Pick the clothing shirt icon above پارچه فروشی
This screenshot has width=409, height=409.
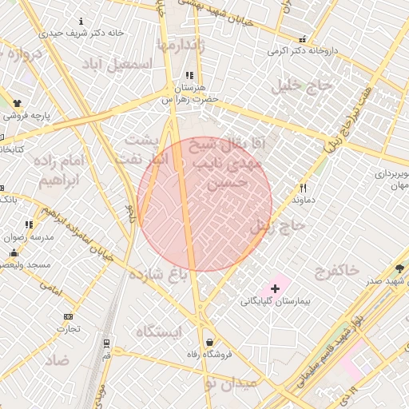click(x=18, y=103)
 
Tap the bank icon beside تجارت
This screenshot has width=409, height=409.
click(x=68, y=316)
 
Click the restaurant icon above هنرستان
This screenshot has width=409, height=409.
click(x=189, y=75)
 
